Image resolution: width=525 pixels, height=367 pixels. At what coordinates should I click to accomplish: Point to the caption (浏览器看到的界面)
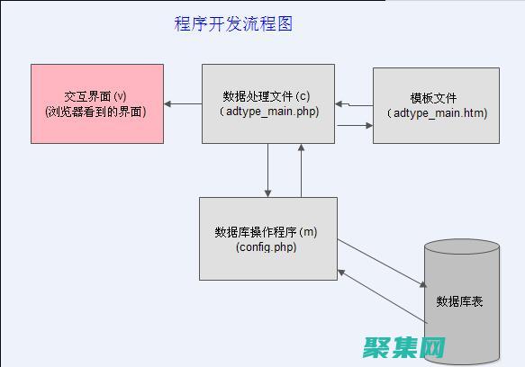pos(96,112)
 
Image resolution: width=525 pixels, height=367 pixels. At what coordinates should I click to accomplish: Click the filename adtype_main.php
pos(268,112)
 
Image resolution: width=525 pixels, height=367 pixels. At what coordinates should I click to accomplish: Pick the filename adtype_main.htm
pos(437,112)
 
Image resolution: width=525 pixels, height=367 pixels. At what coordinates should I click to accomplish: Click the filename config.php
pos(267,246)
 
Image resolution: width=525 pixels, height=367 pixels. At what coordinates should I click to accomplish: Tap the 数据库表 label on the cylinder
pos(459,301)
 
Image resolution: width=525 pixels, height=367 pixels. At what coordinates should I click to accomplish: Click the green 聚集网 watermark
pos(405,346)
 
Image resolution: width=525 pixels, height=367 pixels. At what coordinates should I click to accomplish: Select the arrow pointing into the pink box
pos(182,103)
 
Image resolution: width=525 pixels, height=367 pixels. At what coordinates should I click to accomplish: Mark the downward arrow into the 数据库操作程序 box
pos(268,170)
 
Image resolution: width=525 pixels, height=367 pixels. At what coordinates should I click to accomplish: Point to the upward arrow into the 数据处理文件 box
pos(302,170)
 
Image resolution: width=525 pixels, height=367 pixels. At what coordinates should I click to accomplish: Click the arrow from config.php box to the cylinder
pos(382,262)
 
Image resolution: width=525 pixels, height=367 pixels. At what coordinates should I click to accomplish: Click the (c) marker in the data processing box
pos(305,96)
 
